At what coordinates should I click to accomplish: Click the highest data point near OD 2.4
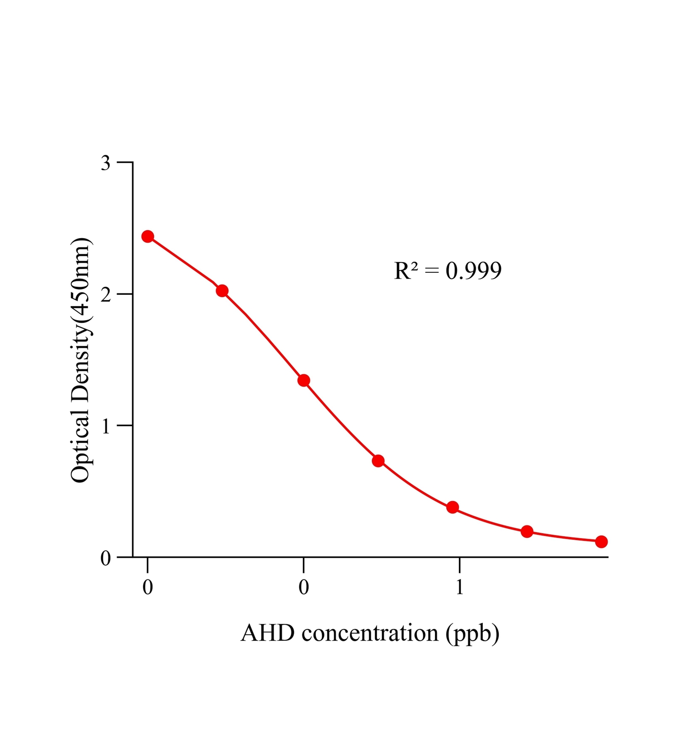148,236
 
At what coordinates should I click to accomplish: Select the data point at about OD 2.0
222,291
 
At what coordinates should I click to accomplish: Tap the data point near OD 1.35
304,380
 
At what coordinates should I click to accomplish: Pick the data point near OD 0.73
378,461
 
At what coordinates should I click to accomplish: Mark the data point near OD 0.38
453,507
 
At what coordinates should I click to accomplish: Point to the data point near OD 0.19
527,532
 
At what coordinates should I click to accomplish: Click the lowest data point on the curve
601,542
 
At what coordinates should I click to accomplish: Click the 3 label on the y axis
106,163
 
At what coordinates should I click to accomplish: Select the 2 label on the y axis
106,295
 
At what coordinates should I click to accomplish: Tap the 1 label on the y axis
106,426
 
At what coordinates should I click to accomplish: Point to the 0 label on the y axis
106,558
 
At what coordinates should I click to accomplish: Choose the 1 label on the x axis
459,587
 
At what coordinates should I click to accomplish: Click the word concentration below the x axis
370,633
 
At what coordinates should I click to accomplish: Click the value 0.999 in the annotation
473,271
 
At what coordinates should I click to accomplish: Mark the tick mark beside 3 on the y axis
125,162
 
